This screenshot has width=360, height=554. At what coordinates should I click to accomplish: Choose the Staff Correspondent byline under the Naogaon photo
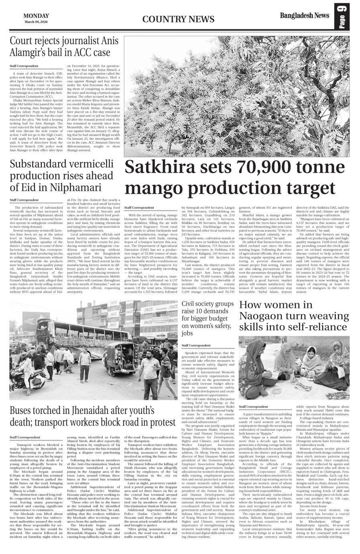click(253, 407)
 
